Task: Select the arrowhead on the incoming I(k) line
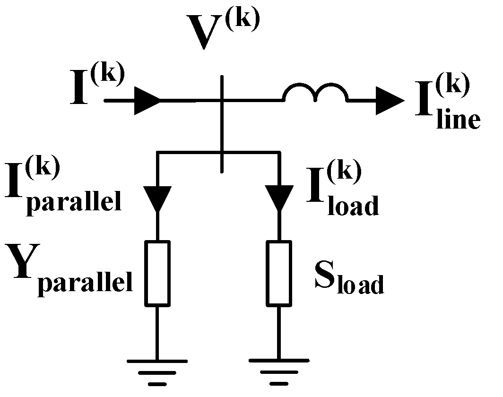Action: click(x=147, y=101)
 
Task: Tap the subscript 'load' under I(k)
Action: click(x=352, y=206)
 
